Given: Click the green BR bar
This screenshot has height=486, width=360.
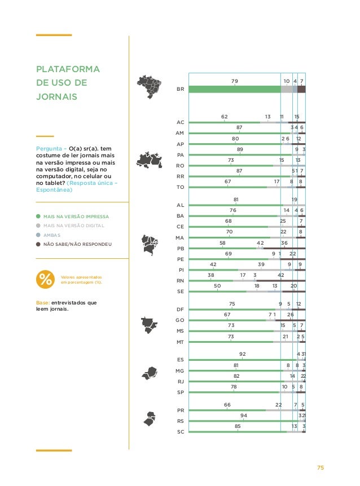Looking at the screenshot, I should click(x=235, y=89).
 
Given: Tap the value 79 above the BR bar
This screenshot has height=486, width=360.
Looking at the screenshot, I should click(x=235, y=81).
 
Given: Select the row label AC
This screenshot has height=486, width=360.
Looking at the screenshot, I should click(x=181, y=122).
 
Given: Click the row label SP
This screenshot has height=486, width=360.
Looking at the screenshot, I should click(x=181, y=392).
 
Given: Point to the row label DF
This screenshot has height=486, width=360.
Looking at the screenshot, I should click(x=181, y=310).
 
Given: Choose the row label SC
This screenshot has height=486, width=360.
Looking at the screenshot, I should click(x=181, y=432).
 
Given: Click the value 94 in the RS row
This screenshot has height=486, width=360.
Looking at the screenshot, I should click(x=244, y=416).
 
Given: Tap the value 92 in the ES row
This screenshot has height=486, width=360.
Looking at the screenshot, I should click(x=243, y=354).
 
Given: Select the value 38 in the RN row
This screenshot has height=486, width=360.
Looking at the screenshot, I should click(x=211, y=275).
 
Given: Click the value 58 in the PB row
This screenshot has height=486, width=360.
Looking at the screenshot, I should click(x=223, y=243).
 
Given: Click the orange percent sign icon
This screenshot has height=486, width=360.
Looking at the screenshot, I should click(x=44, y=279).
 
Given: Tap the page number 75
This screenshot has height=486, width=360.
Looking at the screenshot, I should click(x=320, y=467).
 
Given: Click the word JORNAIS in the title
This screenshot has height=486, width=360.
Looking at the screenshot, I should click(x=56, y=96).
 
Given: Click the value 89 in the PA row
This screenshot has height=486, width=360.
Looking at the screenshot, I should click(x=240, y=149).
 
